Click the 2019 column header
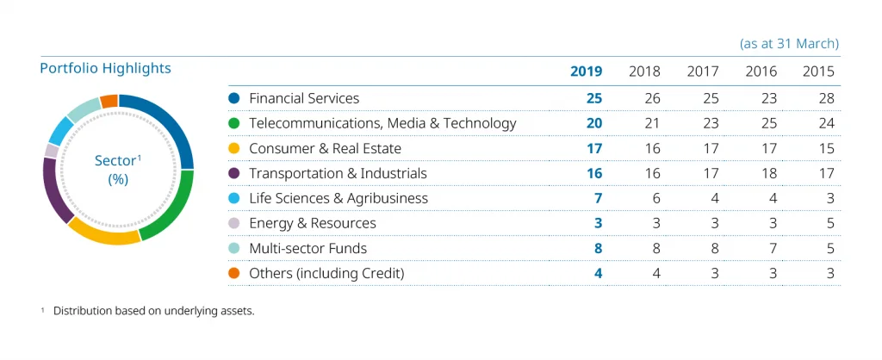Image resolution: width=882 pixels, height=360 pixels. click(586, 71)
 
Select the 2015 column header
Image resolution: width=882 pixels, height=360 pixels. click(817, 71)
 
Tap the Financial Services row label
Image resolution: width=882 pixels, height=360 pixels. click(303, 98)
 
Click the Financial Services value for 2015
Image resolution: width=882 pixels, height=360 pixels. click(825, 98)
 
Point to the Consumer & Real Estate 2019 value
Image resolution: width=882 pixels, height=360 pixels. click(593, 148)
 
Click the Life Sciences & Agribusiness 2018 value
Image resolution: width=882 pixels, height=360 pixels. click(656, 198)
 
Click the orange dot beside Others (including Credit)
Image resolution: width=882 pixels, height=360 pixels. click(233, 273)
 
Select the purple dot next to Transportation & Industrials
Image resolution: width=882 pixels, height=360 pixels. click(233, 173)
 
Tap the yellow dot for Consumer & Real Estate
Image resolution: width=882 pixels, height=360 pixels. click(233, 148)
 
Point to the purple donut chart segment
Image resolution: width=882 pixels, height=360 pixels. click(57, 189)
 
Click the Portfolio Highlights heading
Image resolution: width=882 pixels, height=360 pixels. click(105, 68)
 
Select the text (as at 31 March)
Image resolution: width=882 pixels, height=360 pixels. click(789, 43)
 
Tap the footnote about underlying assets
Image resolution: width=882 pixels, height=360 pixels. click(153, 311)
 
